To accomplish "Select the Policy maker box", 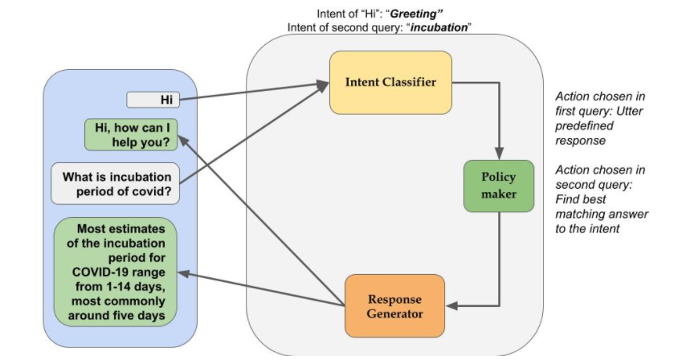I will [498, 186].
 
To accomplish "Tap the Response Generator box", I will [394, 305].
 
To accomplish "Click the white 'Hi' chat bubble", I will [153, 100].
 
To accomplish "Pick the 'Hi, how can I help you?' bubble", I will [131, 134].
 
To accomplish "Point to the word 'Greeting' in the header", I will [418, 14].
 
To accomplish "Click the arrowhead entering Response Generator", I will [452, 305].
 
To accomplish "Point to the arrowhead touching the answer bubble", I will [184, 273].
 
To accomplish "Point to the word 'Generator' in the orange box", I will [394, 313].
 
